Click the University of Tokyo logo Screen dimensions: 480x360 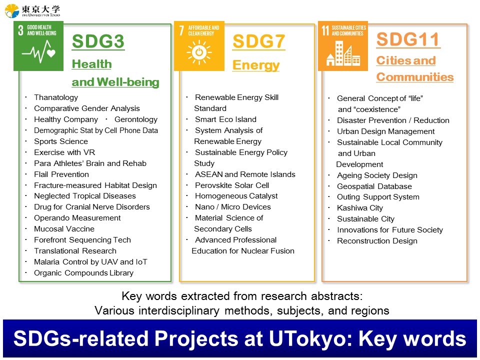[x=32, y=10]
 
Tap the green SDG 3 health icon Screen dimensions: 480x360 [x=38, y=46]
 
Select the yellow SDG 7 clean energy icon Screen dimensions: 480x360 [x=199, y=46]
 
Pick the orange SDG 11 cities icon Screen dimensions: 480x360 [x=343, y=46]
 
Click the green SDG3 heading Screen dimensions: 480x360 [x=98, y=41]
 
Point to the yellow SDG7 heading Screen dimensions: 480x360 [x=259, y=41]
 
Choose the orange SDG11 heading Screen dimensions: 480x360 [x=408, y=39]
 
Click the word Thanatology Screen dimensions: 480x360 [x=56, y=97]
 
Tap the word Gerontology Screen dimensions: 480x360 [x=136, y=119]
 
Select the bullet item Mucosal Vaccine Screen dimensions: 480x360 [x=64, y=229]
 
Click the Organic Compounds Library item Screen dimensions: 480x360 [x=83, y=273]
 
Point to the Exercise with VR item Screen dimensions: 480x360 [x=64, y=152]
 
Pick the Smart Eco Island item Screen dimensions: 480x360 [x=225, y=119]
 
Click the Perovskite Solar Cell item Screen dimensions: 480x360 [x=232, y=185]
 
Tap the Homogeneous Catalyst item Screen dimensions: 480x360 [x=236, y=196]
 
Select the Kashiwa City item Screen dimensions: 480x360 [x=360, y=208]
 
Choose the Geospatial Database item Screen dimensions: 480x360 [x=374, y=186]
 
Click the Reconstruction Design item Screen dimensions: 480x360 [x=377, y=241]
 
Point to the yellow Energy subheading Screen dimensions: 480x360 [x=256, y=65]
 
